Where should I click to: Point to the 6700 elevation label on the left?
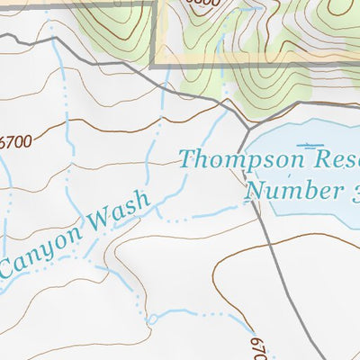click(14, 141)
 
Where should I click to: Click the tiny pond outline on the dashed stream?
click(152, 319)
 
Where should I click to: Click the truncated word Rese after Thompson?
click(335, 161)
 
